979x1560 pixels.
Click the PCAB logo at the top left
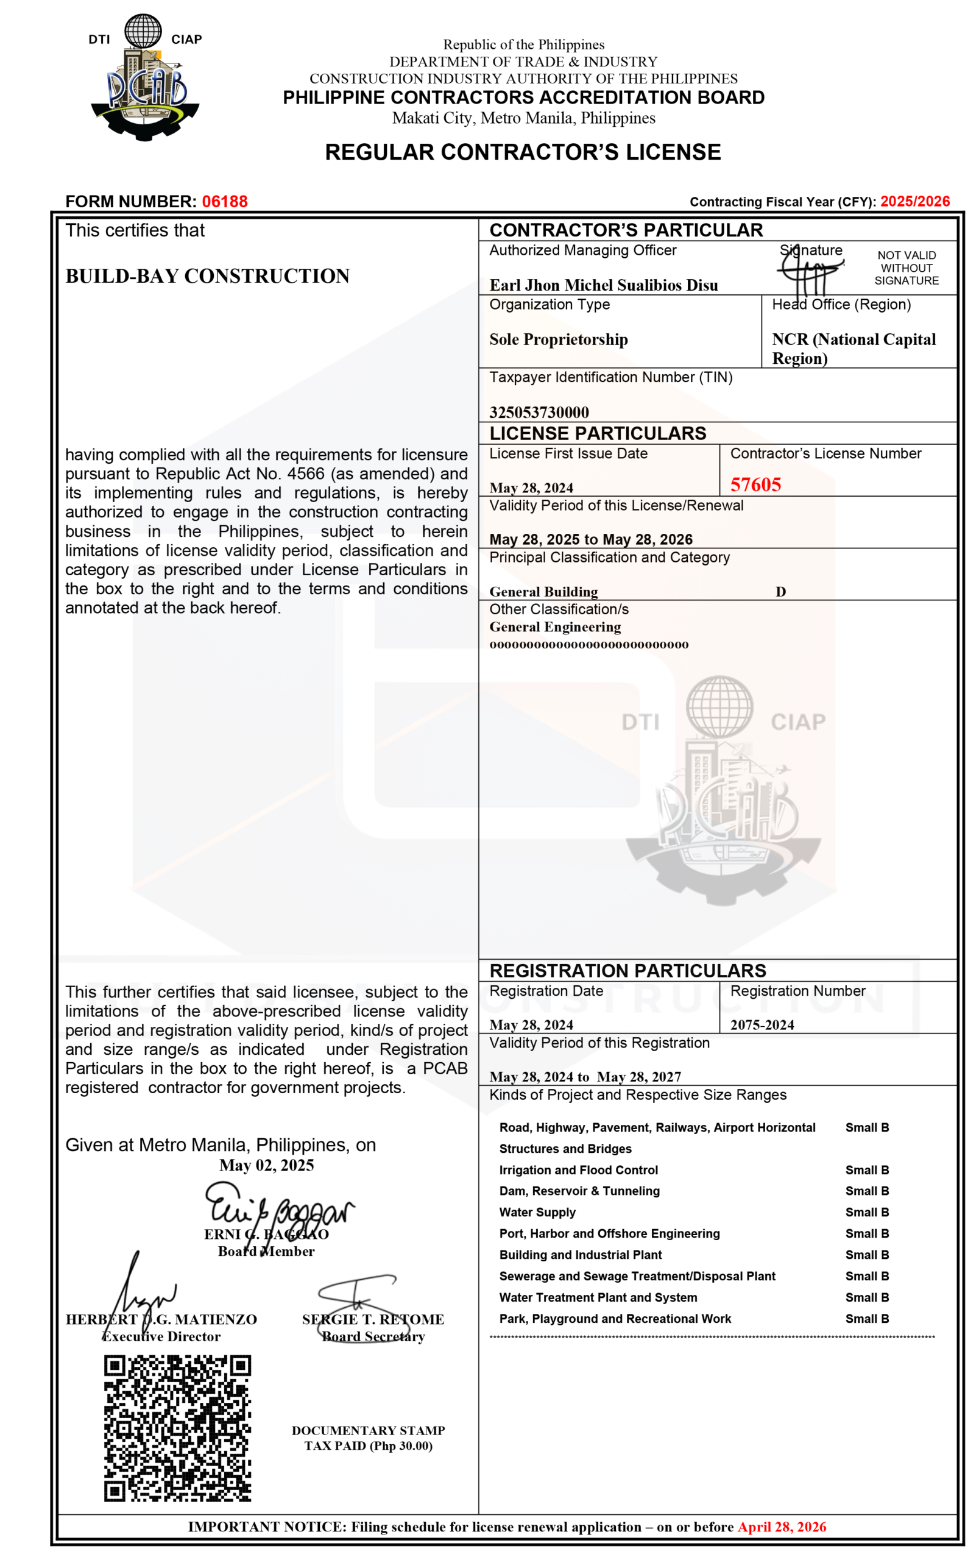(145, 78)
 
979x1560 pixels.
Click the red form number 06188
(225, 201)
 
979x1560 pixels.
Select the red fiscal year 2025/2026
(914, 201)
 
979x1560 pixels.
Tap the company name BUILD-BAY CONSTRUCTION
(207, 276)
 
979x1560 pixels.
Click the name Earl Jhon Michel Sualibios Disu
(604, 285)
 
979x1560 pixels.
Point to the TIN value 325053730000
(539, 413)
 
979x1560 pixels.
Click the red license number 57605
(755, 484)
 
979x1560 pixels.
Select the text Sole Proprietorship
(558, 339)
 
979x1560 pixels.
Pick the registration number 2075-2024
(762, 1024)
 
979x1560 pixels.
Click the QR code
(177, 1427)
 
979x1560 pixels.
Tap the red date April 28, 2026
(782, 1526)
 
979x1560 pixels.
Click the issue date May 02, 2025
(266, 1165)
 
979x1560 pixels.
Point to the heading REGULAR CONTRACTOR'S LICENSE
(523, 152)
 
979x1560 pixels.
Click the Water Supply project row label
(537, 1212)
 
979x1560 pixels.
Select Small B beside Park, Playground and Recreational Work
(867, 1319)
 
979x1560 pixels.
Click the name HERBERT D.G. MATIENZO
(161, 1319)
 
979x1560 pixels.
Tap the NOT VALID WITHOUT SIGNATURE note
(907, 268)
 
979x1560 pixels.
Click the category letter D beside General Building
(781, 591)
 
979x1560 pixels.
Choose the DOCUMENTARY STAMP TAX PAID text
(369, 1438)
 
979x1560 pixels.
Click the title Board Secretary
(373, 1336)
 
